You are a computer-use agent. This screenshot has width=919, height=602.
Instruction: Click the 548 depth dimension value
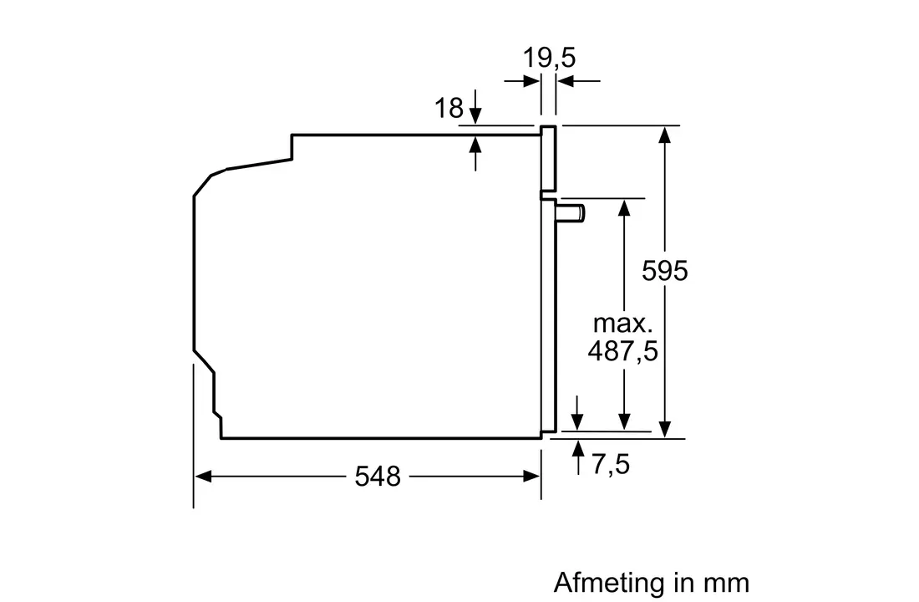click(x=378, y=477)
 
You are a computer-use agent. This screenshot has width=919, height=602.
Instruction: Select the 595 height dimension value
click(x=665, y=271)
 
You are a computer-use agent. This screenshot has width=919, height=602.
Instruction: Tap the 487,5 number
click(x=622, y=351)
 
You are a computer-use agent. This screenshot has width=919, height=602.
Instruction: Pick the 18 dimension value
click(x=449, y=108)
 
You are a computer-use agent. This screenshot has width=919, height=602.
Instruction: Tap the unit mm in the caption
click(x=728, y=582)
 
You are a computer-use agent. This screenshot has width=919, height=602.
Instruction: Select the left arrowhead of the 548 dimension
click(x=201, y=477)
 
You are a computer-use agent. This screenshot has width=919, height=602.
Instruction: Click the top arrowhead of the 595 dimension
click(x=665, y=134)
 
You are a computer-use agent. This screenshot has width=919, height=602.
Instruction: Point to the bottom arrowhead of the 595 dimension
click(x=665, y=429)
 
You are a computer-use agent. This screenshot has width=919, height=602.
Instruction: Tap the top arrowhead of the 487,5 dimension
click(x=623, y=206)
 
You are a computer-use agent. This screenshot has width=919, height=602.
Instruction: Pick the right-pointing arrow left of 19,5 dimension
click(x=531, y=81)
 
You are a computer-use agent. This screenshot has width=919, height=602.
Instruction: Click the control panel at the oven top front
click(x=548, y=159)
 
